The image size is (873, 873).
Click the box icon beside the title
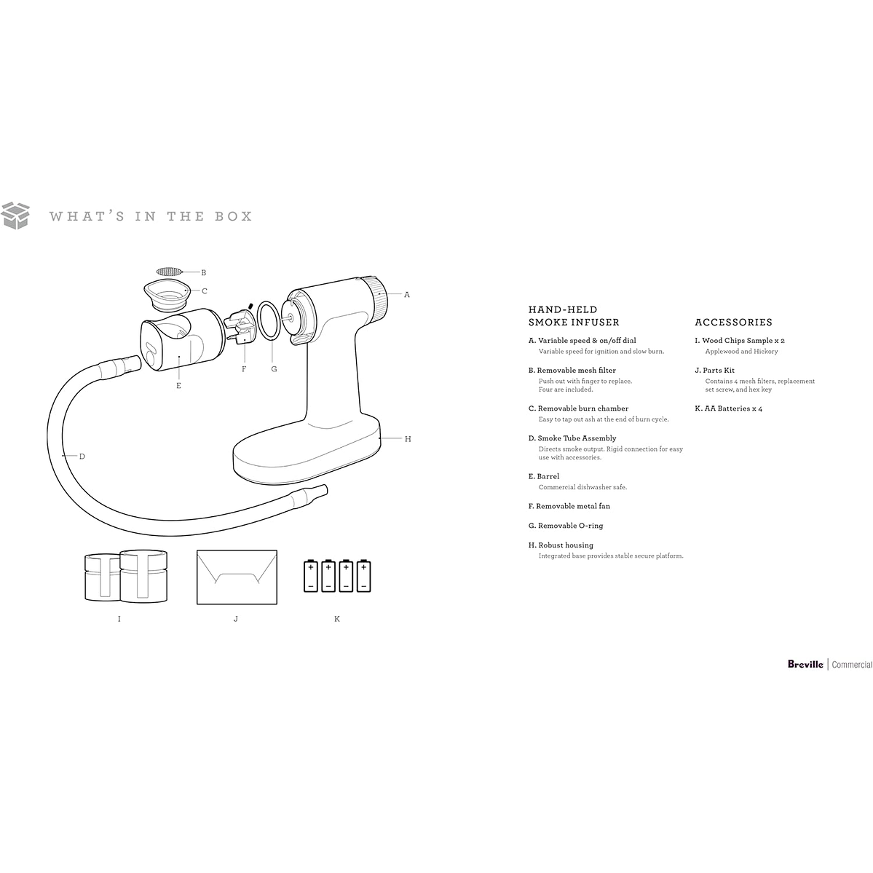click(x=15, y=216)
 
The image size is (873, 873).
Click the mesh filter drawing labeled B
click(x=169, y=272)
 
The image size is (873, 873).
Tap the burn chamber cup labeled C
click(x=167, y=295)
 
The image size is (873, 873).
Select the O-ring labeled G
click(x=269, y=320)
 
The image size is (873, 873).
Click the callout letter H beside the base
click(x=408, y=439)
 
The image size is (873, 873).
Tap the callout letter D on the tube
click(x=82, y=457)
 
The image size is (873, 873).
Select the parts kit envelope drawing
click(x=237, y=577)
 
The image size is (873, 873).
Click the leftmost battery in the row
click(x=311, y=576)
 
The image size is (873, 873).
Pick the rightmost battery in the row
click(x=363, y=576)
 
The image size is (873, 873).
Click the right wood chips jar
click(x=143, y=576)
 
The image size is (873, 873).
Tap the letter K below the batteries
click(x=337, y=619)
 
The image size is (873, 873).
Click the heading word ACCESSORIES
click(x=733, y=323)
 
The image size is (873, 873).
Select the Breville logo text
click(x=805, y=664)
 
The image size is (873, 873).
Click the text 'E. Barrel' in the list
click(x=543, y=477)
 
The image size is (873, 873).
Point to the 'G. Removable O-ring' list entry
click(x=566, y=526)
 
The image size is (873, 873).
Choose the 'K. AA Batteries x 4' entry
click(x=728, y=408)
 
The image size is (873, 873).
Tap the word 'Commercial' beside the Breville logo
click(x=852, y=665)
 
